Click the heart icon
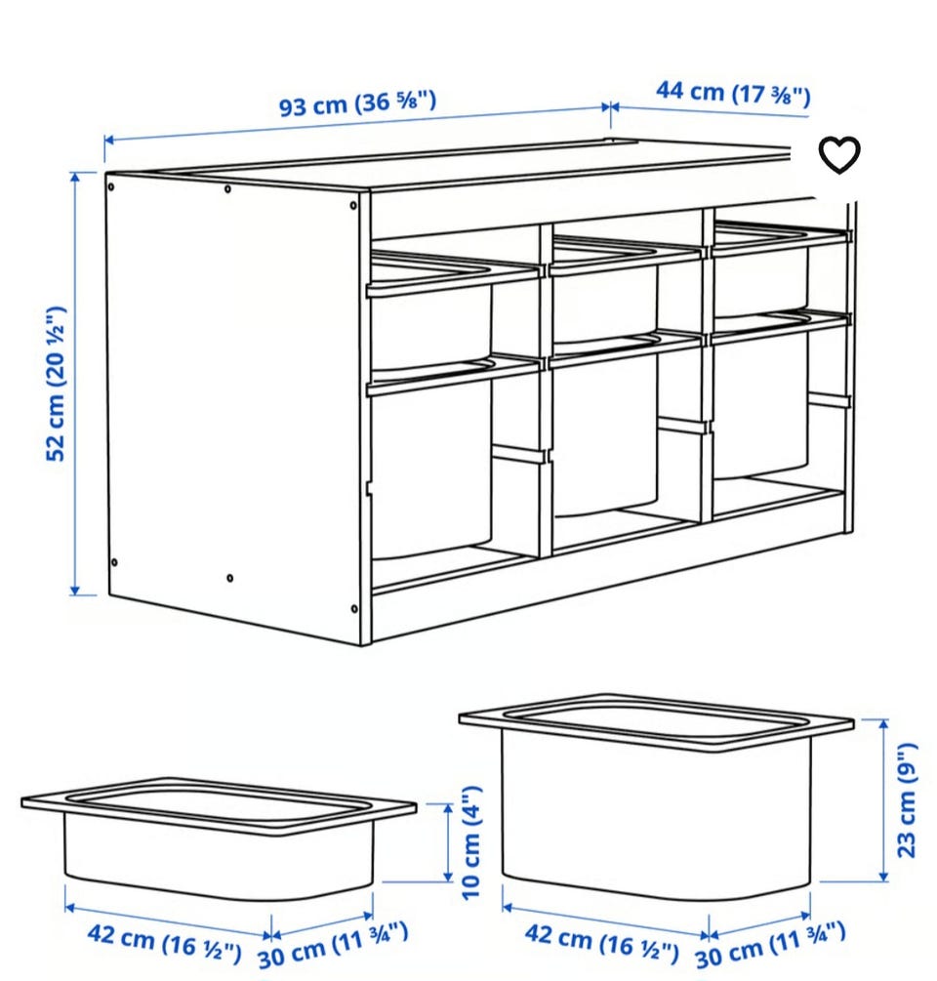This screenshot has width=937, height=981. point(839,154)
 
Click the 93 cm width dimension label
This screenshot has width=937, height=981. point(358,102)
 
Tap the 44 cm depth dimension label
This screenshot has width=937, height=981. point(733,94)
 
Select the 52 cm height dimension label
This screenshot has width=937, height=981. point(56,384)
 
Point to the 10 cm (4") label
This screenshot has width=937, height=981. point(471,842)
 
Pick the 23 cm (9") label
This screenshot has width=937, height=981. point(907,800)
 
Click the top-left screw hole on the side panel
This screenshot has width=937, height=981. point(110,187)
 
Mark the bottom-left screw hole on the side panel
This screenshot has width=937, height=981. point(114,562)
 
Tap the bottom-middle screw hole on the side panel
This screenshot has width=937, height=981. point(230,578)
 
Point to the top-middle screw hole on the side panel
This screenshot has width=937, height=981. point(227,189)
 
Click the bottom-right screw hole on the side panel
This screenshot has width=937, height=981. point(354,609)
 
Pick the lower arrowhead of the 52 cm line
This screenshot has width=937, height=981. point(75,590)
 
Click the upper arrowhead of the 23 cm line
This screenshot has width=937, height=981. point(883,724)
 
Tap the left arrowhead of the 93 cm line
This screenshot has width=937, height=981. point(109,140)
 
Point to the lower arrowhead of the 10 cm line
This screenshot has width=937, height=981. point(448,877)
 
